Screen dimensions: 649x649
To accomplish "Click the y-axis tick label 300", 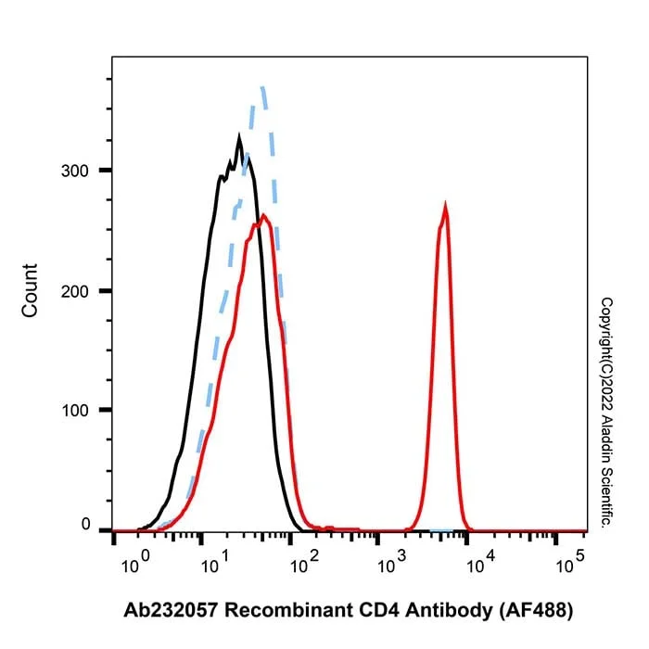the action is (x=75, y=171).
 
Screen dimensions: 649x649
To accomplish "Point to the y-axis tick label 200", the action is (x=75, y=291).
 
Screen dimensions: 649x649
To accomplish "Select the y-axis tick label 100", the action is (x=75, y=410).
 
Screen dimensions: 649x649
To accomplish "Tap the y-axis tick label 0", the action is (x=85, y=524).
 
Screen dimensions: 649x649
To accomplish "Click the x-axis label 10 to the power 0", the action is (x=135, y=562).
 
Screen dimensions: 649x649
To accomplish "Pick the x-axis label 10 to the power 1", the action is (x=215, y=562).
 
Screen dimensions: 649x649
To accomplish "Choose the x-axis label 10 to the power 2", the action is (x=305, y=562).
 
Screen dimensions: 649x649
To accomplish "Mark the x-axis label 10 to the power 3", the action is (x=392, y=562).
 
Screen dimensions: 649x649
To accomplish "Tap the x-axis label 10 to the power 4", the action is (x=481, y=562).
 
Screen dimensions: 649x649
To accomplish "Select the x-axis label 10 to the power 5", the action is (x=570, y=562).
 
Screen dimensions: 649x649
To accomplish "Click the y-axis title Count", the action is (x=30, y=290).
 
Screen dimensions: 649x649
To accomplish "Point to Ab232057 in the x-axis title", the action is (x=171, y=610).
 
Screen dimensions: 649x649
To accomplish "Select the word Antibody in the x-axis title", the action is (x=449, y=611).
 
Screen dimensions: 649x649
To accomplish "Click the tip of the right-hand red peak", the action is (x=445, y=203).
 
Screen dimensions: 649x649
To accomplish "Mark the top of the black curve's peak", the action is (x=239, y=135).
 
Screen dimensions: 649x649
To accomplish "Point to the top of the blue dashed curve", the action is (x=262, y=87).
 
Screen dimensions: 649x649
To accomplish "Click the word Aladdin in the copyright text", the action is (x=606, y=440).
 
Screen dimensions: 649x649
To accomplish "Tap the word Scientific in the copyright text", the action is (x=606, y=498).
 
